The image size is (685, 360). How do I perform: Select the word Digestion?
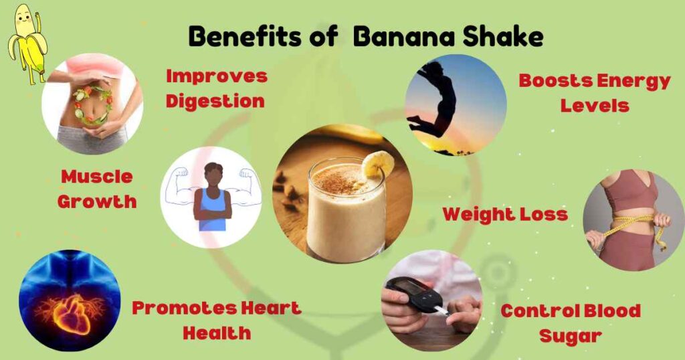(x=215, y=101)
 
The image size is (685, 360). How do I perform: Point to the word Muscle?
(x=97, y=177)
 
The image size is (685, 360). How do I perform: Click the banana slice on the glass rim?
(x=378, y=164)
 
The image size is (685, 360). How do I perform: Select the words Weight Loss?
(x=505, y=214)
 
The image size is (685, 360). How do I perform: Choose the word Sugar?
(x=571, y=335)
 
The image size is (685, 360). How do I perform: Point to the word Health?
(x=217, y=332)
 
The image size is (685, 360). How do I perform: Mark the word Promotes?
(x=176, y=308)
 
